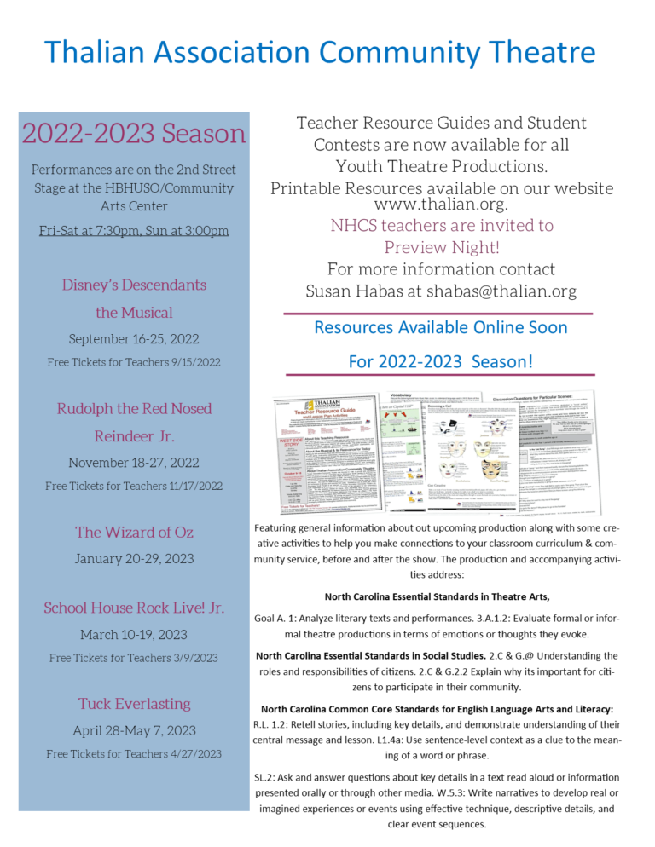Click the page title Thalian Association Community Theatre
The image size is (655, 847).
click(322, 52)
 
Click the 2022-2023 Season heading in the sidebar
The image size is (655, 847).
click(134, 134)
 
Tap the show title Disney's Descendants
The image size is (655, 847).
click(134, 285)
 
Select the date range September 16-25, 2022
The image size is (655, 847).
click(134, 339)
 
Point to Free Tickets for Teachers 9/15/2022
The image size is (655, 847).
click(134, 363)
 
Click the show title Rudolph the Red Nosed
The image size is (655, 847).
click(134, 409)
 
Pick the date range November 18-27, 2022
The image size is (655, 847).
click(134, 463)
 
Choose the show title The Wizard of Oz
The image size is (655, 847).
click(134, 533)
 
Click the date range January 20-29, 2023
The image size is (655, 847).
click(134, 560)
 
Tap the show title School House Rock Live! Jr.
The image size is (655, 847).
click(134, 608)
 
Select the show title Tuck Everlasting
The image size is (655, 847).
click(134, 704)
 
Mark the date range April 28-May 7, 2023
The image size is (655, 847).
click(134, 731)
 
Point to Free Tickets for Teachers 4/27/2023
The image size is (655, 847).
click(134, 754)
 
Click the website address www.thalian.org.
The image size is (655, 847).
click(441, 205)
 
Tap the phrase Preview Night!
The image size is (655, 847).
click(441, 248)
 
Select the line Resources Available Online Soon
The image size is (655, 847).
click(441, 328)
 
